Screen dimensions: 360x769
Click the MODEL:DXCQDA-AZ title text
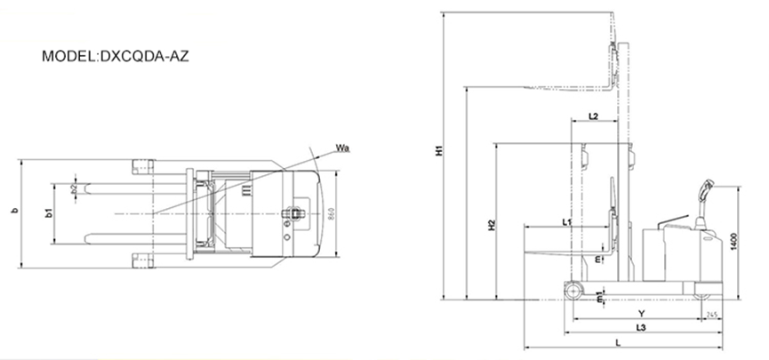[x=115, y=56]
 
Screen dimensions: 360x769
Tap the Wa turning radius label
[x=341, y=147]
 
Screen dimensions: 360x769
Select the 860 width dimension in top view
[x=331, y=213]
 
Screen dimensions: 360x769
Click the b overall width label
[x=12, y=212]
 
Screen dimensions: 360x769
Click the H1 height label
[x=437, y=150]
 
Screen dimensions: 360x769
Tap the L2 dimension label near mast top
[x=594, y=116]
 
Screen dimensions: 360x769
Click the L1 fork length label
[x=567, y=220]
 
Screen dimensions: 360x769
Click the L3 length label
[x=641, y=329]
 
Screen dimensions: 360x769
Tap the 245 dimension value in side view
[x=711, y=315]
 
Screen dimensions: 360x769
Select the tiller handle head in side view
[x=708, y=188]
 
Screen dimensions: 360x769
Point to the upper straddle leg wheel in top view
[x=143, y=165]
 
